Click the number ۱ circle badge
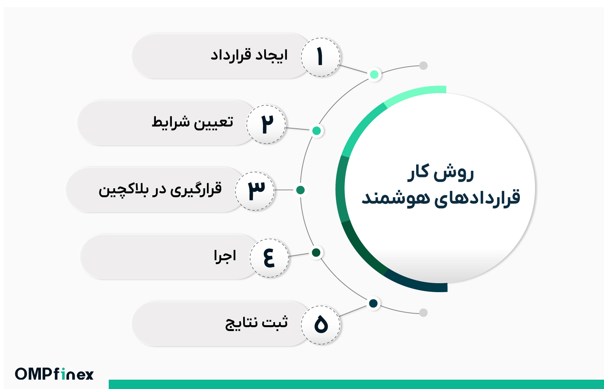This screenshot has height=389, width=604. point(320,57)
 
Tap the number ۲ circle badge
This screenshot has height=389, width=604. point(266,124)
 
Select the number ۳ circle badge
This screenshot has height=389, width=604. point(255,191)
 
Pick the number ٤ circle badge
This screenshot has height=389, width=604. point(269,258)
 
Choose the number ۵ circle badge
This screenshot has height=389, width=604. point(321,324)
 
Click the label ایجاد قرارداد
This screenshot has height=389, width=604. point(249,56)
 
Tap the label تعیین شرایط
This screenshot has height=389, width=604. point(193,122)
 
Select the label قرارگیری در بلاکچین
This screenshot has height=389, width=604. point(160,189)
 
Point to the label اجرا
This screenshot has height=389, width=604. point(225,256)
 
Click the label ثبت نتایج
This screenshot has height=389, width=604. point(256,323)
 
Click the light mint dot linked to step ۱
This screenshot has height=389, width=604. point(374,74)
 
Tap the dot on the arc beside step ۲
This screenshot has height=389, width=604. point(317,131)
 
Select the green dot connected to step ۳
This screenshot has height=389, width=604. point(300,190)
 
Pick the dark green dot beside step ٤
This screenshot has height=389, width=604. point(316,252)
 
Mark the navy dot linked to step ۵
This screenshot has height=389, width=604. point(373,303)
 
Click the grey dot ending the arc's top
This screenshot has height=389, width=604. point(423,65)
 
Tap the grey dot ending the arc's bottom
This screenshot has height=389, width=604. point(423,312)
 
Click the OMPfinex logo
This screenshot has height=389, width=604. point(55,374)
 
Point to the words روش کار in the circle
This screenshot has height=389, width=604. point(441,172)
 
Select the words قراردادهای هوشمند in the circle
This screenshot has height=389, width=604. point(441,197)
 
